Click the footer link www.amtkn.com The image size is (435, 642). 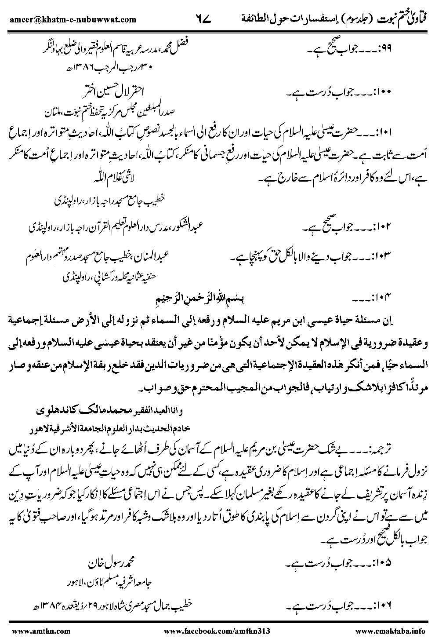30,631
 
